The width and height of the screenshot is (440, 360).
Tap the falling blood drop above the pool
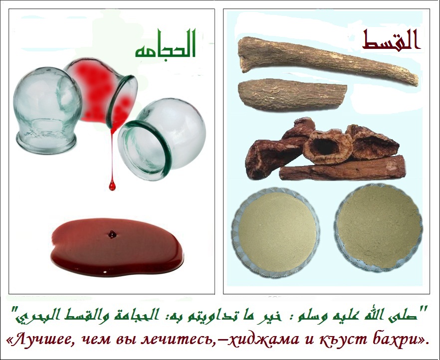pyautogui.click(x=112, y=185)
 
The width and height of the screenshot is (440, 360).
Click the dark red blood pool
pyautogui.click(x=117, y=246)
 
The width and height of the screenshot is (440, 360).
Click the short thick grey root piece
pyautogui.click(x=292, y=95)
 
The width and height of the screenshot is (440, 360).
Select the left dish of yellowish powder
pyautogui.click(x=275, y=231)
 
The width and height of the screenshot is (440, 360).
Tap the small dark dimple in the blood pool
pyautogui.click(x=112, y=234)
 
